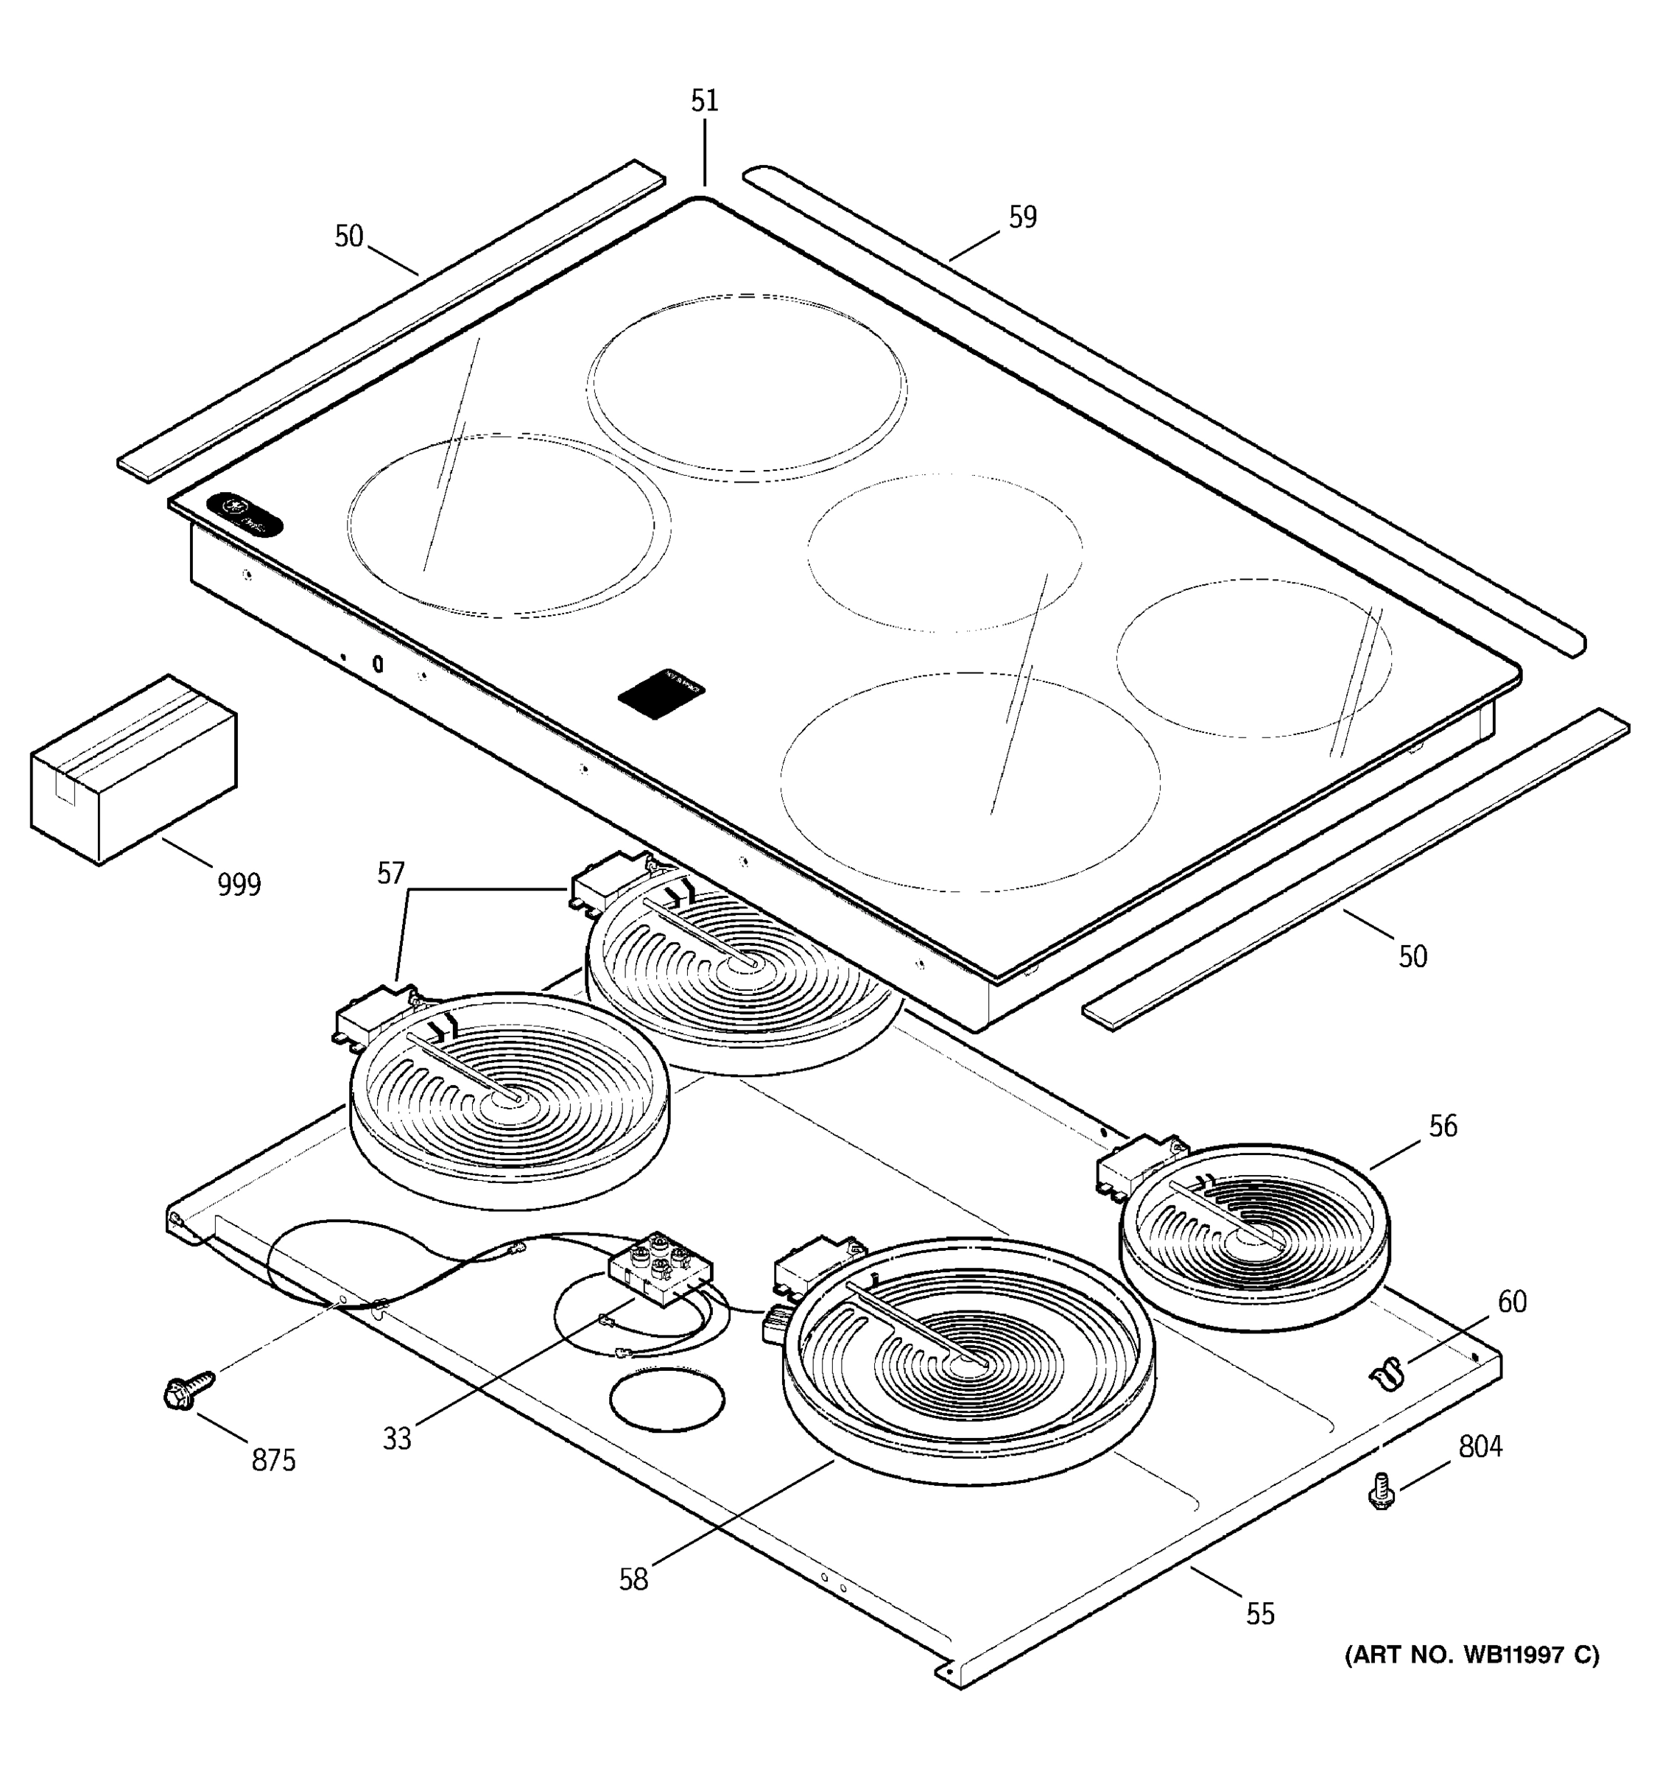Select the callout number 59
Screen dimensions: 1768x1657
pyautogui.click(x=1022, y=217)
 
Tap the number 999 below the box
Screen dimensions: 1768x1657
pyautogui.click(x=239, y=885)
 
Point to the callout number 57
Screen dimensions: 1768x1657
pyautogui.click(x=391, y=874)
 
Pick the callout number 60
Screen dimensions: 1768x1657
pyautogui.click(x=1512, y=1302)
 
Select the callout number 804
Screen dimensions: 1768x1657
pyautogui.click(x=1480, y=1447)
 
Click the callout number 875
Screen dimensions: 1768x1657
pyautogui.click(x=273, y=1460)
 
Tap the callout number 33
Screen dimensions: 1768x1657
pyautogui.click(x=398, y=1439)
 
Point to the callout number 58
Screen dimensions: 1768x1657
pyautogui.click(x=634, y=1579)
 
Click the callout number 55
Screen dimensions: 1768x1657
pyautogui.click(x=1259, y=1613)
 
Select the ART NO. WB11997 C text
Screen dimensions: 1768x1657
pyautogui.click(x=1471, y=1655)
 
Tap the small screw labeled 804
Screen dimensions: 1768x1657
pyautogui.click(x=1382, y=1492)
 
